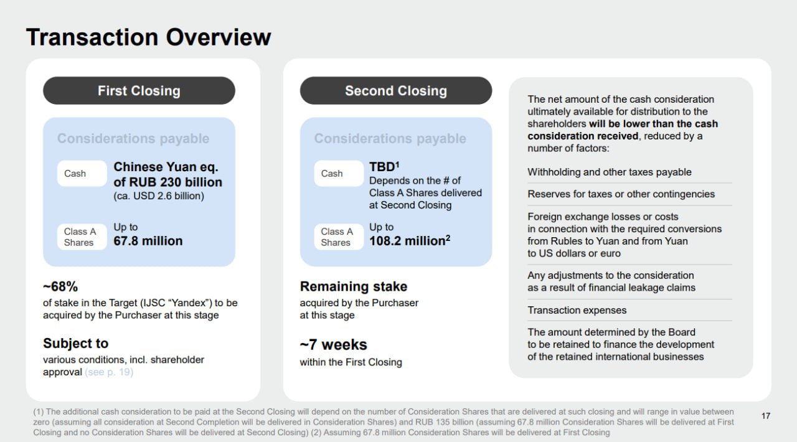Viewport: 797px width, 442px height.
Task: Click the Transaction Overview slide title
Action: click(x=148, y=37)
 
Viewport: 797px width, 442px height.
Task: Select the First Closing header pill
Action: click(x=139, y=90)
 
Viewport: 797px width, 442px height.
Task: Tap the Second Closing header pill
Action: click(x=396, y=90)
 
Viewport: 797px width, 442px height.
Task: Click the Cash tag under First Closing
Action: click(x=82, y=173)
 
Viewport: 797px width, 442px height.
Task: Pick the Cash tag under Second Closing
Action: click(x=339, y=173)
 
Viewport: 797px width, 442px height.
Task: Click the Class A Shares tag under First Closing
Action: click(x=82, y=237)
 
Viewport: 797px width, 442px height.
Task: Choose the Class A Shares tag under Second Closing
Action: click(x=339, y=237)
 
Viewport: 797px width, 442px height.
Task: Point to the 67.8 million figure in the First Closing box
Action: click(x=148, y=241)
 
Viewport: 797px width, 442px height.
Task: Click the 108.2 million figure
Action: click(x=410, y=241)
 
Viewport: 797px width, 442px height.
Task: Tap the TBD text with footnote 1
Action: click(x=384, y=167)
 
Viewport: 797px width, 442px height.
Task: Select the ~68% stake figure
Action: click(x=60, y=286)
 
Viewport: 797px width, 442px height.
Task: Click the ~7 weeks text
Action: click(x=333, y=344)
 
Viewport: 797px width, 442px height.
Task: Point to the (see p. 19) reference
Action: click(x=109, y=372)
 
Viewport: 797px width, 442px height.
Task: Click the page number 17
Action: click(x=766, y=416)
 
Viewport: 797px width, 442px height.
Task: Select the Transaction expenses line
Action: click(x=577, y=310)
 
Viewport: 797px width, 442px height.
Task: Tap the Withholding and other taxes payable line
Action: click(x=610, y=172)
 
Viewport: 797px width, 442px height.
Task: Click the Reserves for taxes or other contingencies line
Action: click(x=621, y=194)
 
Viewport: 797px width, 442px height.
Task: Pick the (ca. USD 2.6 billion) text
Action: click(x=159, y=196)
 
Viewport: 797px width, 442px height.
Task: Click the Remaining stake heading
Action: click(x=354, y=286)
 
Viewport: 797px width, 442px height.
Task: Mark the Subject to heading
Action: click(x=76, y=344)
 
